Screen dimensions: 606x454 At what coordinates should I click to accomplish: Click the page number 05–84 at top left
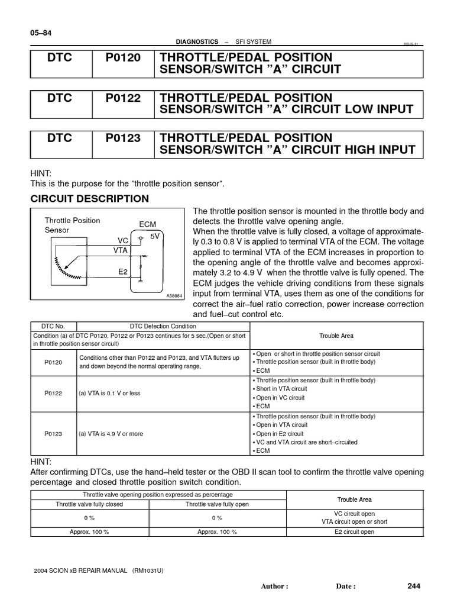(x=41, y=33)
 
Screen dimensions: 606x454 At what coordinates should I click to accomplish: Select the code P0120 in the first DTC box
(x=124, y=57)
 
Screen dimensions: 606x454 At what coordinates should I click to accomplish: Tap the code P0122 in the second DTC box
(x=124, y=98)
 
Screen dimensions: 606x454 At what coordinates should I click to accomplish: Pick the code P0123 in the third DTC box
(x=124, y=138)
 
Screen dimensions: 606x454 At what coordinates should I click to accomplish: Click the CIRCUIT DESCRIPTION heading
(x=90, y=199)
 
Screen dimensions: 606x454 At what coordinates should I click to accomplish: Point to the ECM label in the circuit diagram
(x=147, y=225)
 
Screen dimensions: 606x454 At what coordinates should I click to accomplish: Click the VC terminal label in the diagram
(x=123, y=241)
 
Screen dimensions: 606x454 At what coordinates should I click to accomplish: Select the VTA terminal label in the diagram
(x=121, y=250)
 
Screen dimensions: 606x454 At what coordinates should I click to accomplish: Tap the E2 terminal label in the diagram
(x=123, y=272)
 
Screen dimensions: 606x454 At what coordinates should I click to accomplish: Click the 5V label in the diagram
(x=155, y=236)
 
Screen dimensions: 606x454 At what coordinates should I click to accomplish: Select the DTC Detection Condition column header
(x=163, y=326)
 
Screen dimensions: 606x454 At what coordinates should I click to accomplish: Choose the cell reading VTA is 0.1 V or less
(x=109, y=394)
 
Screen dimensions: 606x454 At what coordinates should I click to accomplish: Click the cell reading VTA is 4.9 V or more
(x=111, y=434)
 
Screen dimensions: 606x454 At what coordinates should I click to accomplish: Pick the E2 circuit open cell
(x=354, y=532)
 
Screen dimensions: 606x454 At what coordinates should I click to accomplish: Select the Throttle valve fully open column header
(x=217, y=504)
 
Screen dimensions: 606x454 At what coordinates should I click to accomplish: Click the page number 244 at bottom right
(x=414, y=586)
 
